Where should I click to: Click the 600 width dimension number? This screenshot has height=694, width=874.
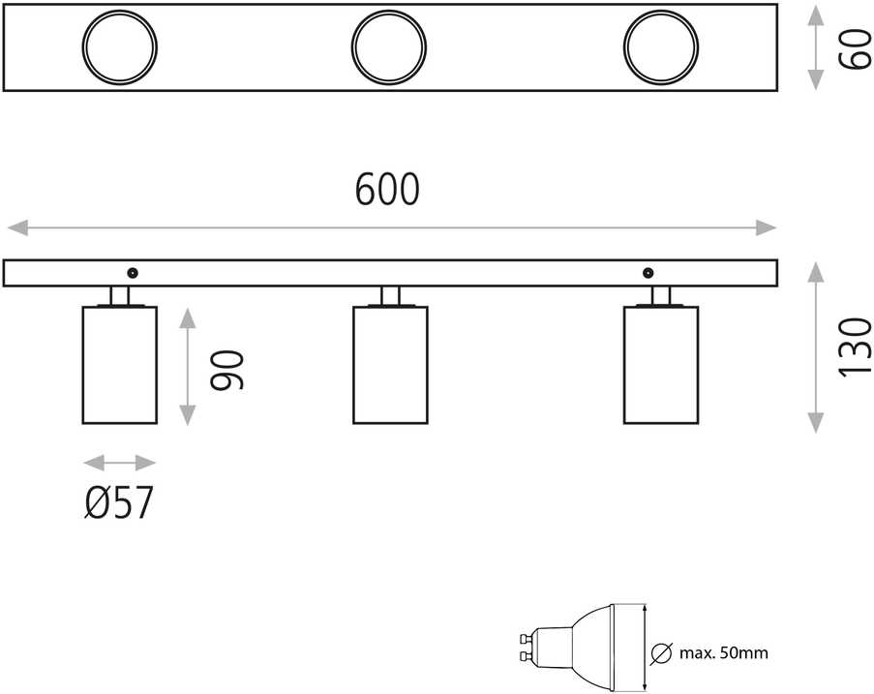[387, 189]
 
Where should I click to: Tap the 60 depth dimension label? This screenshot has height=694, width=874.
[856, 49]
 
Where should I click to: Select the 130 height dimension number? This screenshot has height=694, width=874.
[855, 347]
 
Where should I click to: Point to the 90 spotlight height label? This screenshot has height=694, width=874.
[226, 370]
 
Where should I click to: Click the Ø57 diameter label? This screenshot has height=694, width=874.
[119, 502]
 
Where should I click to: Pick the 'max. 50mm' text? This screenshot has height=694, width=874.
[724, 652]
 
